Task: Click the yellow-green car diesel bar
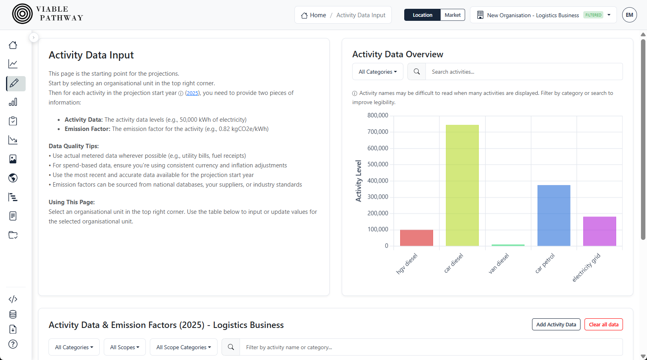462,185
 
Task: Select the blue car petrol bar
554,215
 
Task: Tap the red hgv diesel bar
416,238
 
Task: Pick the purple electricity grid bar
599,231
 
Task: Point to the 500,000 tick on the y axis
377,164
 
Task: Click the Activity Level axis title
359,181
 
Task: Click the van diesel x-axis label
499,263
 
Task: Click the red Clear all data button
603,324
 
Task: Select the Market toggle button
452,15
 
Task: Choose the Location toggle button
422,15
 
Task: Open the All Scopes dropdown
125,347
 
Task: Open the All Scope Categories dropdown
183,347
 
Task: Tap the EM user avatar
629,15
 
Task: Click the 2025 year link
192,93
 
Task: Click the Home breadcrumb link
314,15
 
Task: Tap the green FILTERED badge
593,15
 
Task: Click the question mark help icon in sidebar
13,344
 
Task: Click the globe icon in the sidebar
13,178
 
